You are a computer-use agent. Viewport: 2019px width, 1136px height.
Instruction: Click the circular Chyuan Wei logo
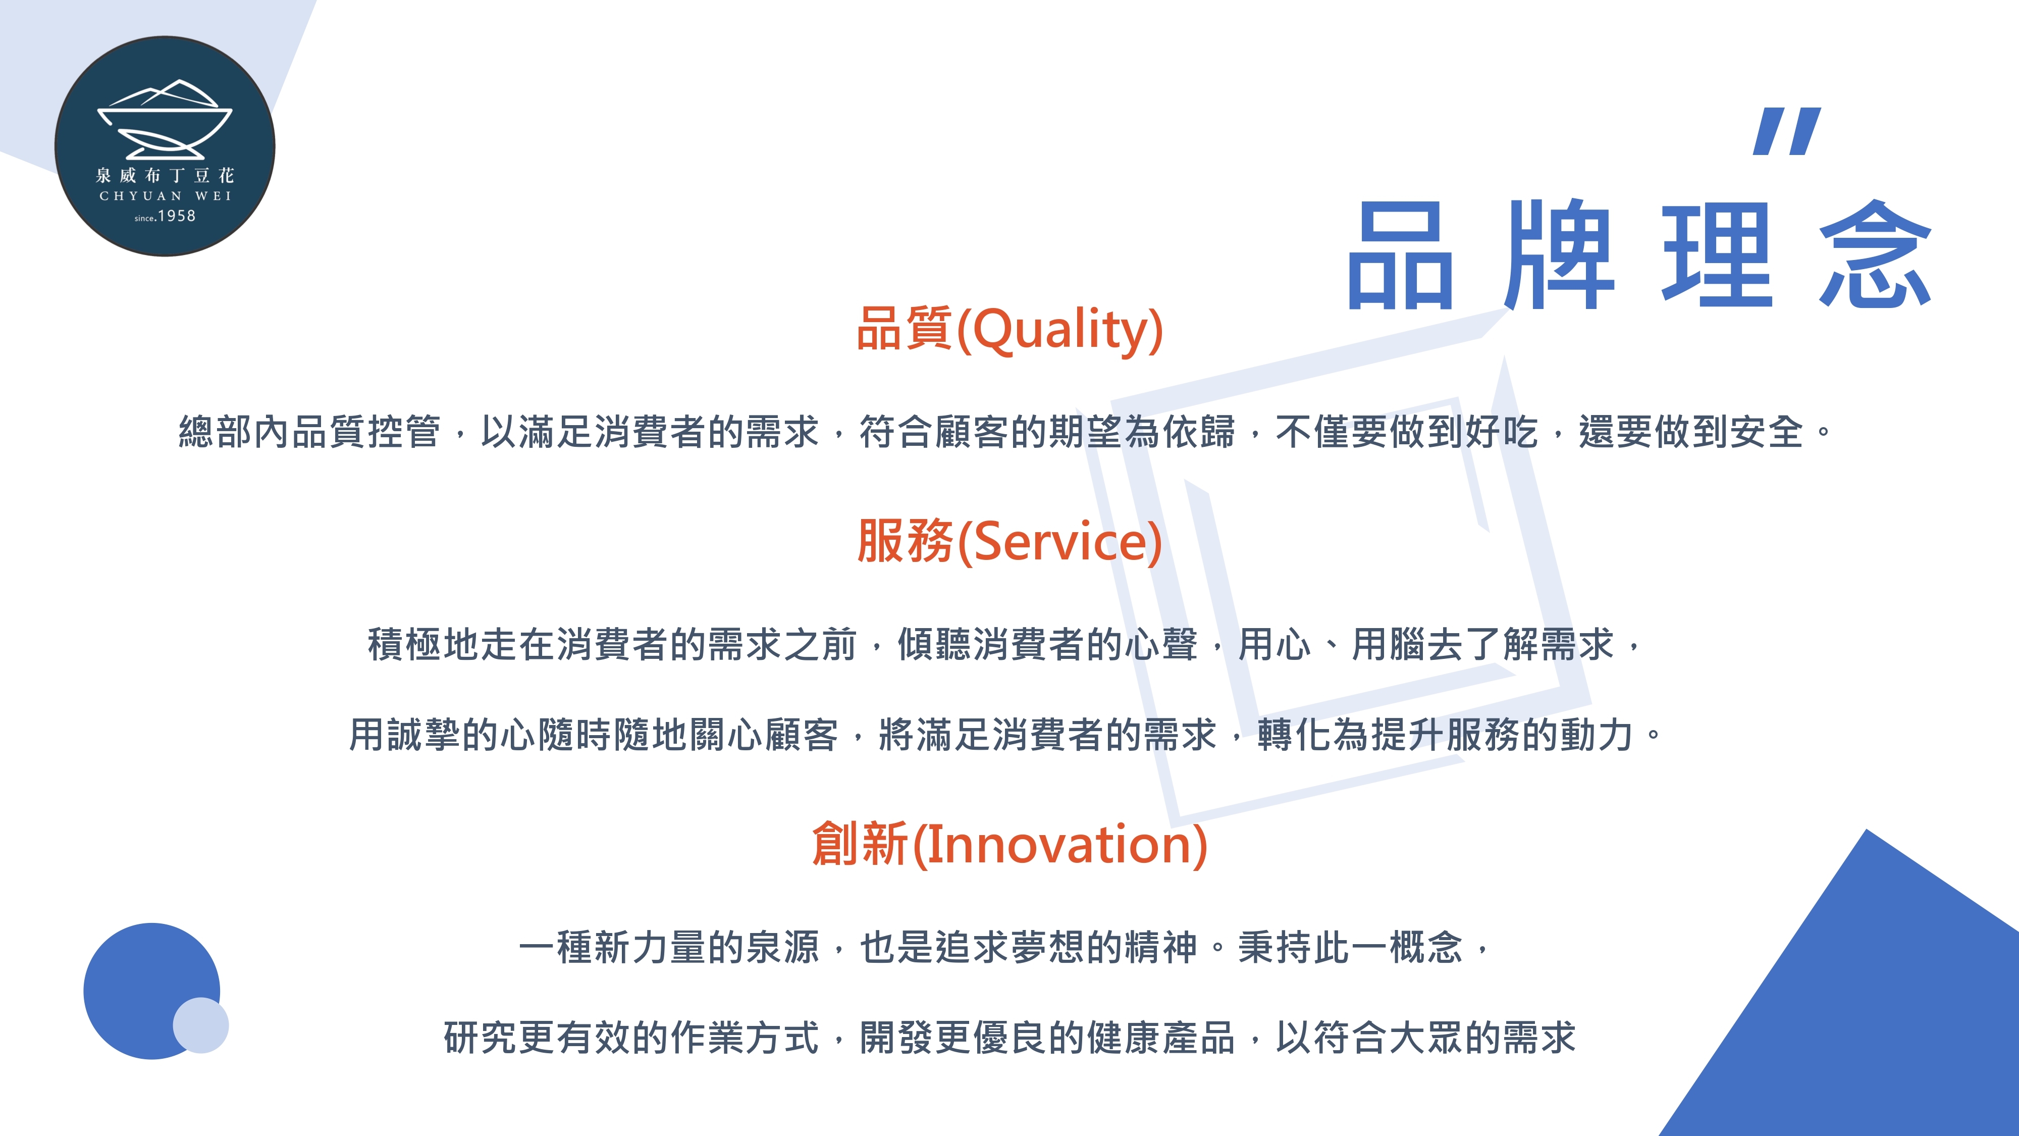[x=165, y=146]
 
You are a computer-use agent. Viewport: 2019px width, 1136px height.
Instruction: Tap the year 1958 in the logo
[x=176, y=216]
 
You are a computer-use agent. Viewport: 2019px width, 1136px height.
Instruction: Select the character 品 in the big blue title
[x=1400, y=255]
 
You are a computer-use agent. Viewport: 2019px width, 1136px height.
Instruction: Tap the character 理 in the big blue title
[x=1717, y=255]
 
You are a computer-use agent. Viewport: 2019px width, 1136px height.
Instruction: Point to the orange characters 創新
[x=860, y=844]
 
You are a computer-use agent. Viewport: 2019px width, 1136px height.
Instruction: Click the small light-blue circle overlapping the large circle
[x=201, y=1025]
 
